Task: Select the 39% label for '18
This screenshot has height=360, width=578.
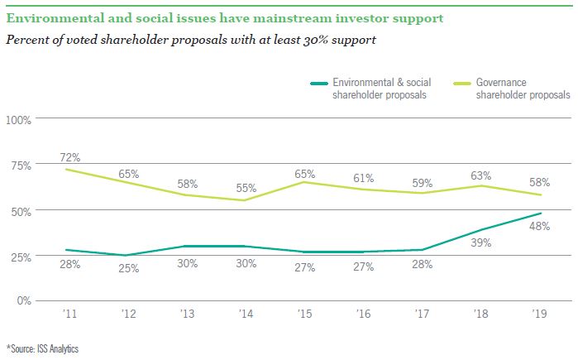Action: [x=481, y=243]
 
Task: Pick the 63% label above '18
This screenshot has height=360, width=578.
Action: [x=481, y=175]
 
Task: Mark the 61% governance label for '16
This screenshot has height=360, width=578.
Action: [x=363, y=178]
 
